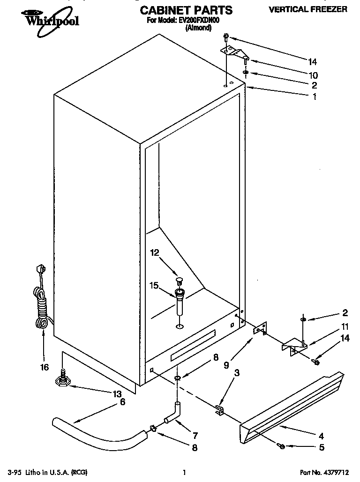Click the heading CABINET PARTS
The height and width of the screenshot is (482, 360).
click(x=186, y=10)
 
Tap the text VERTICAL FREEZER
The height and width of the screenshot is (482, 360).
click(x=307, y=9)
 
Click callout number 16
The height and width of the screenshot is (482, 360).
click(x=44, y=367)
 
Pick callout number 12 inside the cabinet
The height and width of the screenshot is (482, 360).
click(x=155, y=252)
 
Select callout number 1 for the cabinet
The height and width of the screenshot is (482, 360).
click(x=314, y=97)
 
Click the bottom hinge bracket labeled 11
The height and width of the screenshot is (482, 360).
click(x=293, y=348)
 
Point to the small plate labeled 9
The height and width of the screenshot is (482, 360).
click(x=260, y=330)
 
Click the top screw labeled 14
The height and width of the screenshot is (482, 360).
click(x=226, y=36)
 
